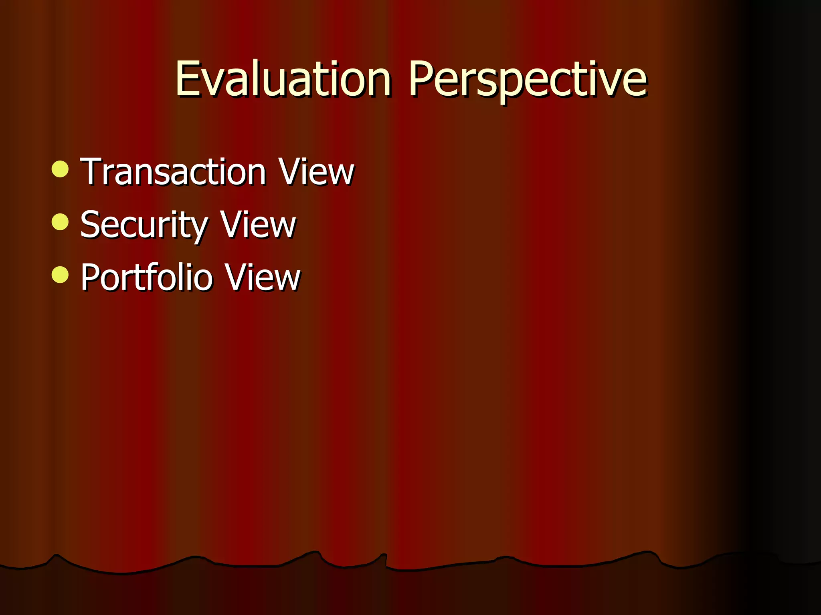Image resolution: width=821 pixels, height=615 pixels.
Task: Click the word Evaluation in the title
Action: point(283,79)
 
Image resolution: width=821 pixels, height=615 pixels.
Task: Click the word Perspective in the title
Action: point(527,79)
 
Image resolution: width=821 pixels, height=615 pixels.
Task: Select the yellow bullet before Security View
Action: point(60,221)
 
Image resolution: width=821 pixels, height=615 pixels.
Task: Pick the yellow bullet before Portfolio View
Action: point(60,274)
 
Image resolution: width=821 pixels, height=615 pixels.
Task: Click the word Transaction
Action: point(173,172)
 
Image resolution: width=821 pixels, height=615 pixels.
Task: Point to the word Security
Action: point(144,225)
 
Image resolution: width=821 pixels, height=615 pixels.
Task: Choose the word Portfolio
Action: point(146,277)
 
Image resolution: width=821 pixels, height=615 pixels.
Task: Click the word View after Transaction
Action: point(316,172)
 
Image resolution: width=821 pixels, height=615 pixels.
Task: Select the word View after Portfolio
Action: point(262,277)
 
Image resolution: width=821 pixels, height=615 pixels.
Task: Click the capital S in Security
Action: point(91,225)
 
